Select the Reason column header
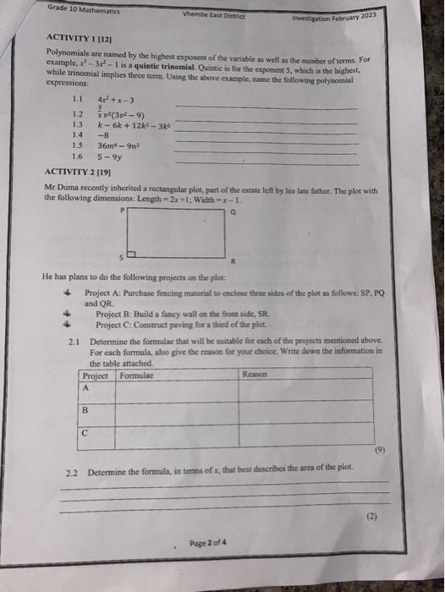pos(253,374)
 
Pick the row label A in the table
pos(85,387)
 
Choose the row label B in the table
pos(85,410)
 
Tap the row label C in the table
pos(85,431)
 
